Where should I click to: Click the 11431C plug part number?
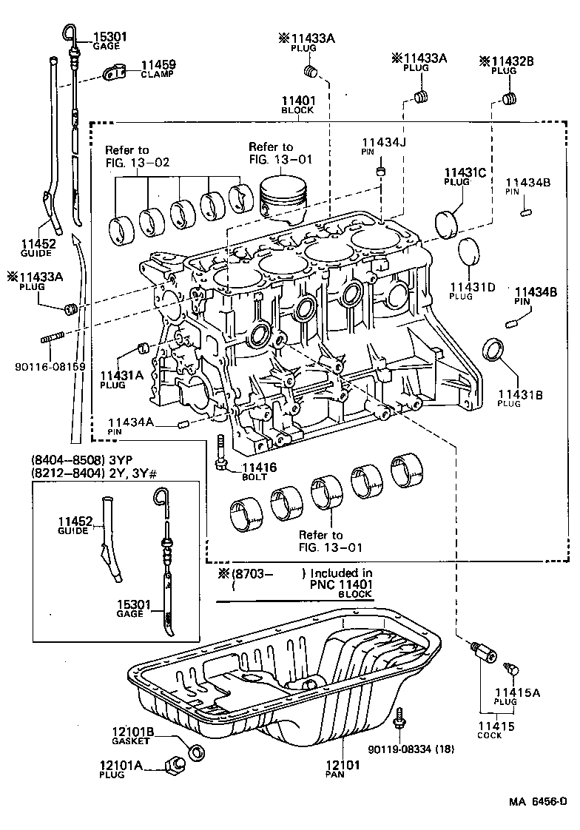[x=465, y=174]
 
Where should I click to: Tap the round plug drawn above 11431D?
[x=468, y=254]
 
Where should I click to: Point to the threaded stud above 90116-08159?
[x=50, y=340]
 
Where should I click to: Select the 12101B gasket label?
[x=132, y=732]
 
